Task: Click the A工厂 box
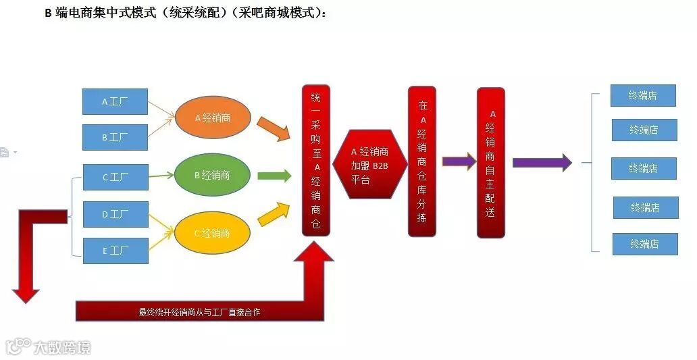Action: [115, 101]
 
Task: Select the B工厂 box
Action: [115, 137]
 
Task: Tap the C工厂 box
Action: [115, 177]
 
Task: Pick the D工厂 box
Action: [115, 214]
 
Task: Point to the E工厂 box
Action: [115, 251]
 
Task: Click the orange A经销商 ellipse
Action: [213, 118]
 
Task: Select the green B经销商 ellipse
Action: [212, 175]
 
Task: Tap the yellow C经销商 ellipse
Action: [212, 233]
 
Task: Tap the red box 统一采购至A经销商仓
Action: [315, 161]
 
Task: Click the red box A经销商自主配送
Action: [491, 163]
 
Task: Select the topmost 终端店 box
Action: [643, 95]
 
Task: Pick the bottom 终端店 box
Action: [644, 244]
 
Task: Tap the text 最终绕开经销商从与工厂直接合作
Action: [199, 312]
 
